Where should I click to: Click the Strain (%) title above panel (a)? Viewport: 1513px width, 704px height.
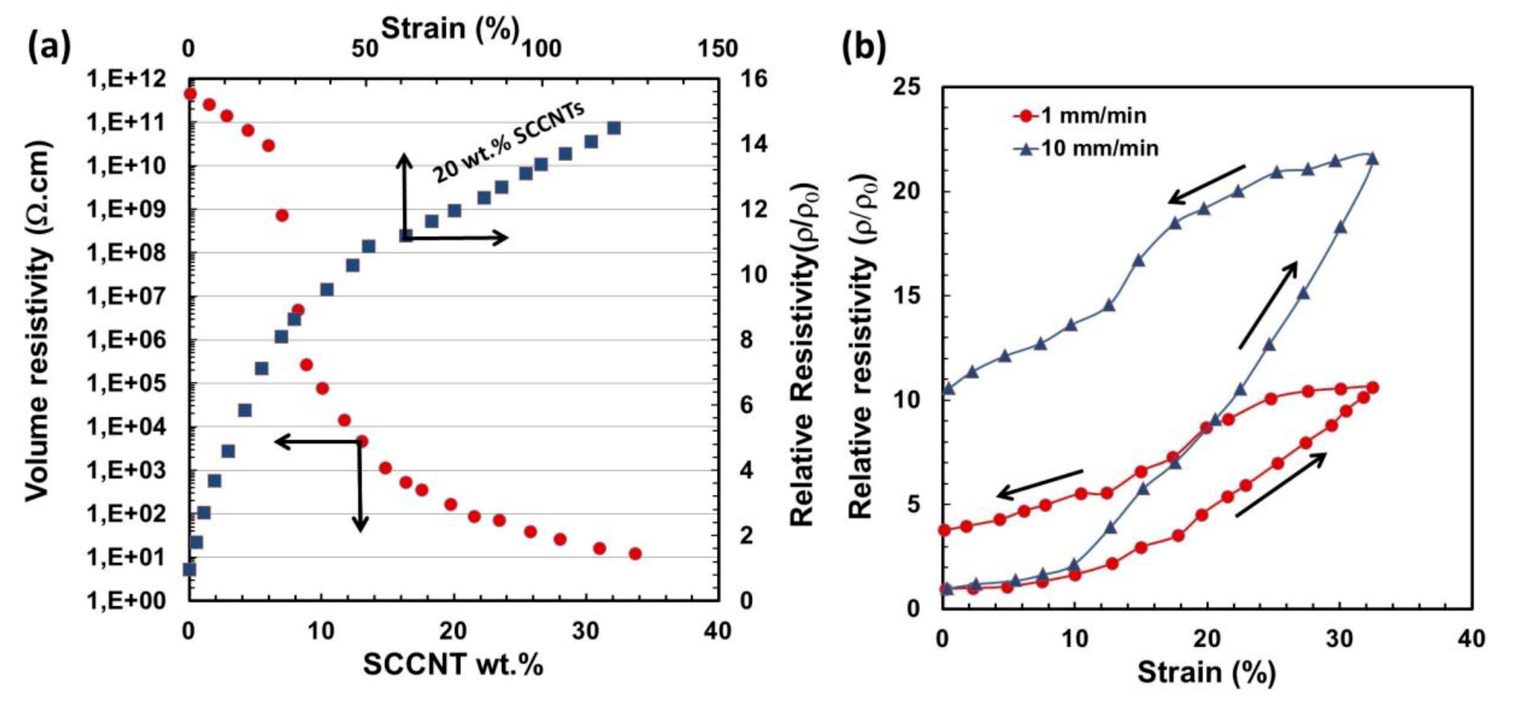(451, 28)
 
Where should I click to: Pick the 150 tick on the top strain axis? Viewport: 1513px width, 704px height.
(718, 49)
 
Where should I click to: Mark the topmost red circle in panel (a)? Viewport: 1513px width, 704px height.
(190, 94)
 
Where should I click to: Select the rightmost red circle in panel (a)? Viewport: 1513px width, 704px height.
(635, 553)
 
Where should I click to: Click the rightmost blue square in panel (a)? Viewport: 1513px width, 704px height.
(614, 128)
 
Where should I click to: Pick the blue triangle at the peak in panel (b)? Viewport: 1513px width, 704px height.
(1373, 159)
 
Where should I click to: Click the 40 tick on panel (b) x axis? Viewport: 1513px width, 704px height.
(1473, 638)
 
